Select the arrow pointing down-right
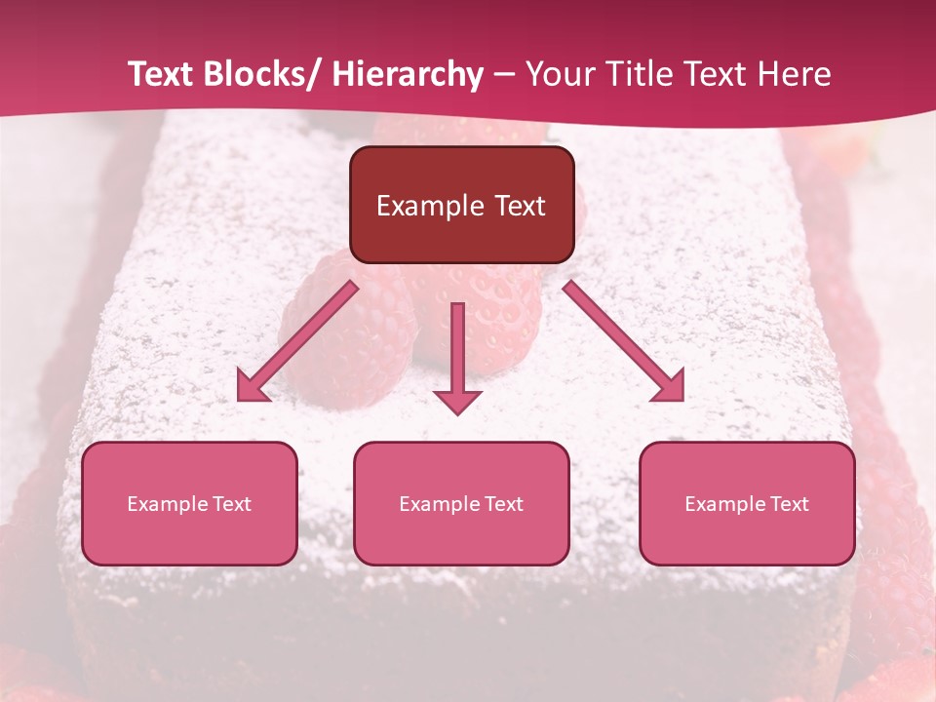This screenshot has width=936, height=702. (x=624, y=341)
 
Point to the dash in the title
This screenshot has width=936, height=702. (x=504, y=75)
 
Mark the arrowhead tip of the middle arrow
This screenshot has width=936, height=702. (x=457, y=413)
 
